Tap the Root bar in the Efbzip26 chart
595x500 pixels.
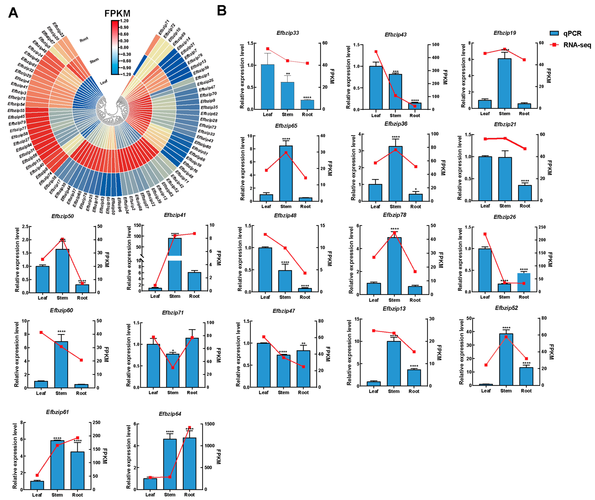coord(523,282)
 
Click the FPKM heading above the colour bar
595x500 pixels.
coord(117,13)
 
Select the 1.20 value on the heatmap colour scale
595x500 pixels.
coord(124,21)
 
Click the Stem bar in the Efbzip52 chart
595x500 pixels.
coord(506,359)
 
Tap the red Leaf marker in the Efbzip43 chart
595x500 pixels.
coord(376,52)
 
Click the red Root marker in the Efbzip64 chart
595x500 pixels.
coord(189,427)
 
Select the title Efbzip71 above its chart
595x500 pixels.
coord(172,313)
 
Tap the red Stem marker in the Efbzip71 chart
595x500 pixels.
coord(173,368)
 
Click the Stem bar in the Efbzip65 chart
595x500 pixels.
coord(286,173)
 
